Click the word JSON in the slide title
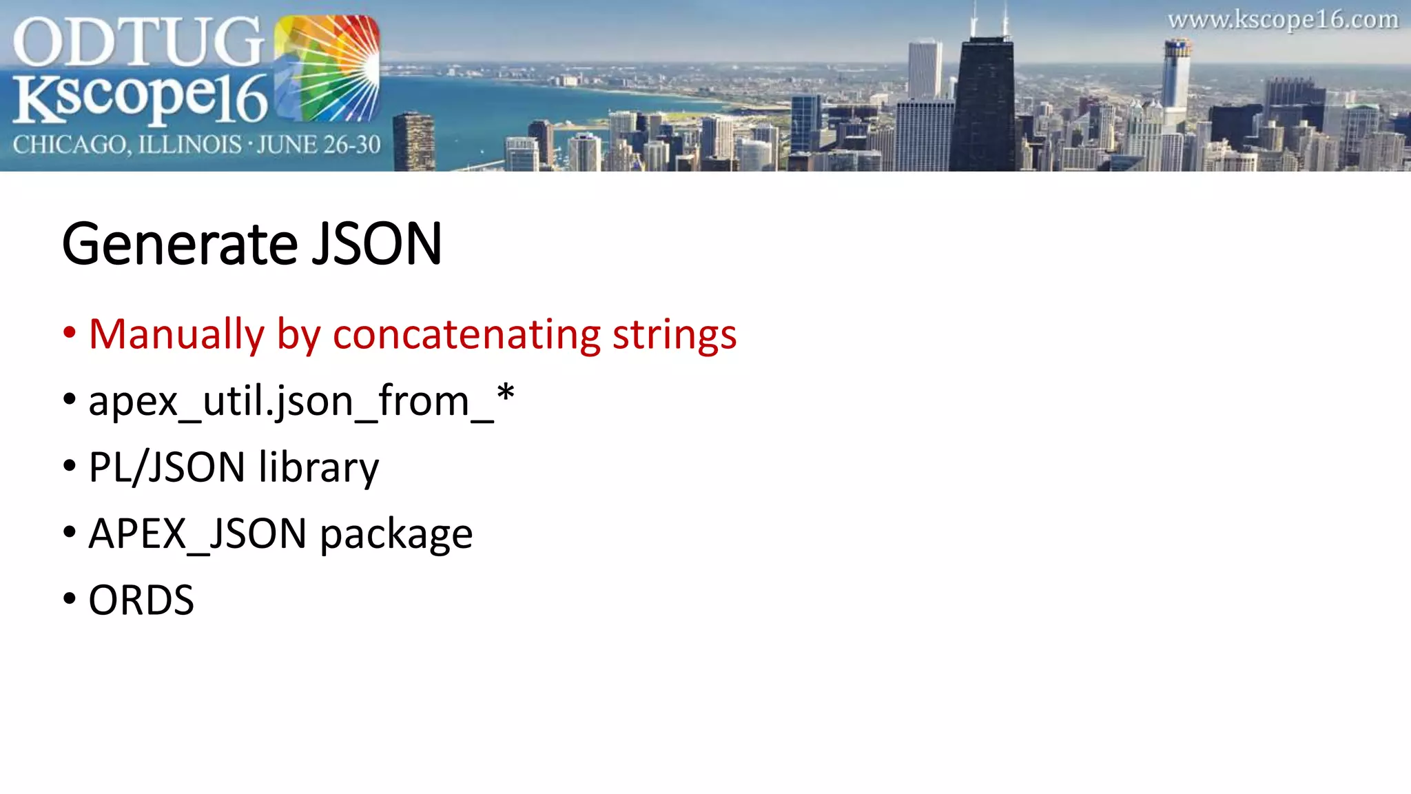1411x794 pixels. (x=376, y=245)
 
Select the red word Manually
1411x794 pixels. (x=176, y=336)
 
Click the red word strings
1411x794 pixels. (x=674, y=336)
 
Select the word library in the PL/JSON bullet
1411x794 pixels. (x=318, y=468)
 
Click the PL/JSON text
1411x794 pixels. (x=167, y=468)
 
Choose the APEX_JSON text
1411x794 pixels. (x=197, y=534)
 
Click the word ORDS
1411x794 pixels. (x=141, y=600)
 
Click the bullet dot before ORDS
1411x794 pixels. (x=69, y=599)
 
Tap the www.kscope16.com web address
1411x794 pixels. (x=1283, y=20)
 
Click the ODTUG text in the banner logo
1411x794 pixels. (x=138, y=43)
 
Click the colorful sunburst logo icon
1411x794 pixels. (x=327, y=69)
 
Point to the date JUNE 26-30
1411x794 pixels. (x=318, y=145)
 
